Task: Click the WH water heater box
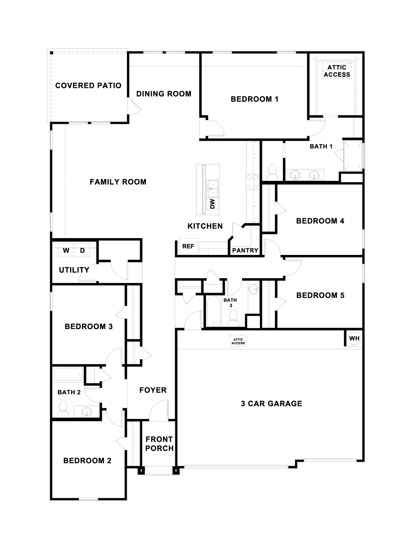point(354,339)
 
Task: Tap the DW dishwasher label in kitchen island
point(213,204)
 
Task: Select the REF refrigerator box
point(188,246)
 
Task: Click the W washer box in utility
point(66,250)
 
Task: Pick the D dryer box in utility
point(82,250)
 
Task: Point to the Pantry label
point(245,250)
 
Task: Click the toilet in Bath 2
point(63,409)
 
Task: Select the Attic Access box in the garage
point(238,341)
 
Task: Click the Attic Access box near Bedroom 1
point(337,71)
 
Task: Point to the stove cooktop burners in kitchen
point(252,182)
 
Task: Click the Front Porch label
point(159,444)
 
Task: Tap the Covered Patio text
point(88,85)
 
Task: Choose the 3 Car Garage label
point(271,404)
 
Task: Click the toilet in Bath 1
point(272,172)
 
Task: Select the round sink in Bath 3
point(254,289)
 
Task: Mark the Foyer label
point(153,390)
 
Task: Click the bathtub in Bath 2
point(68,375)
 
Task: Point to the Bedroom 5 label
point(320,295)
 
